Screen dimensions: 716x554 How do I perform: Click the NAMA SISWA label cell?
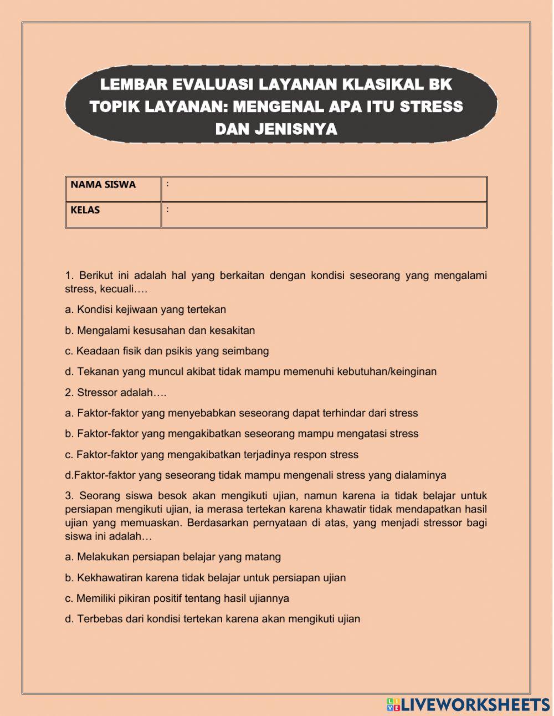coord(113,189)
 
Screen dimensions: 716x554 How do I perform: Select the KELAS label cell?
coord(113,215)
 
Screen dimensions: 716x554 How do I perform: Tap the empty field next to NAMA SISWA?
coord(324,189)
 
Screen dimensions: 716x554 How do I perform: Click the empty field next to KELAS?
coord(324,215)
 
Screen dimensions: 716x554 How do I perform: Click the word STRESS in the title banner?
coord(431,106)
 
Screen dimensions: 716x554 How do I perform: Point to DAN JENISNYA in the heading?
coord(276,129)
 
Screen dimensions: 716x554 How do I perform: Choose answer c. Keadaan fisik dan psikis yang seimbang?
coord(167,351)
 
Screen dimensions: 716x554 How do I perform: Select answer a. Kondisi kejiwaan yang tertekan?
coord(145,309)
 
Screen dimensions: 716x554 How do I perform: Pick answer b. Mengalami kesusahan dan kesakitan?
coord(160,331)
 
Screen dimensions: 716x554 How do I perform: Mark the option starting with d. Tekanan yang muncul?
coord(250,372)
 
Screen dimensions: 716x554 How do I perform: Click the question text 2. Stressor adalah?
coord(115,393)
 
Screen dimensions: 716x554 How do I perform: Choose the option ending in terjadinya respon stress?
coord(212,455)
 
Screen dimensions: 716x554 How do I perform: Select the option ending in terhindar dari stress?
coord(241,413)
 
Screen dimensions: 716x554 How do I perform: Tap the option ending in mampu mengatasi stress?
coord(242,434)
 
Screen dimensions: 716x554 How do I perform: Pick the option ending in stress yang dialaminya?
coord(255,475)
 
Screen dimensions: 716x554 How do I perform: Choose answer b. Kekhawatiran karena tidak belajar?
coord(205,578)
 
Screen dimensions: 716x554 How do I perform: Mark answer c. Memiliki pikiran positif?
coord(177,598)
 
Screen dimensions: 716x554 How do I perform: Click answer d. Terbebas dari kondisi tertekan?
coord(212,619)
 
